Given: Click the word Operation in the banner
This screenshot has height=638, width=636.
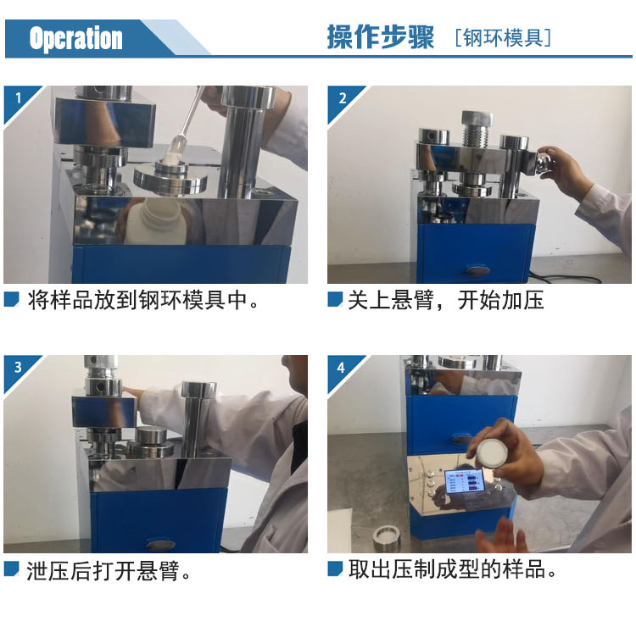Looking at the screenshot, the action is coord(75,38).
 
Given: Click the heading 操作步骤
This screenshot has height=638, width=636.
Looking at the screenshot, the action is coord(381,37).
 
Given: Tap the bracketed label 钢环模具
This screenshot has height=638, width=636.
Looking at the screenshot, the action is coord(503,38).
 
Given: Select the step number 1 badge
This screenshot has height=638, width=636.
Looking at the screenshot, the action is coord(19,98).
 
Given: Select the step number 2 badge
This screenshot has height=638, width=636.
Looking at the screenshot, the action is coord(343,98).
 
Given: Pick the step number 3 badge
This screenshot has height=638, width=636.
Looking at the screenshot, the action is coord(18,367).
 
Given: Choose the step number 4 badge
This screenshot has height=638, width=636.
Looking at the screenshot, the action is coord(341,368).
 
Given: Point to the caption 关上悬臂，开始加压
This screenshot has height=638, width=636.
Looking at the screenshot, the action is coord(446,300).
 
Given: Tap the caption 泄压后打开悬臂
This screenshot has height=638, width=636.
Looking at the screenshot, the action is coord(109,570).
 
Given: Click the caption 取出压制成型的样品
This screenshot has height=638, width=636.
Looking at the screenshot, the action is coord(452,569).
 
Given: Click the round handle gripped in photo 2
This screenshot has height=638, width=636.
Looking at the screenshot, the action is coord(544,162).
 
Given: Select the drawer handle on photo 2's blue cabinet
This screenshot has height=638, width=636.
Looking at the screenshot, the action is coord(478,270).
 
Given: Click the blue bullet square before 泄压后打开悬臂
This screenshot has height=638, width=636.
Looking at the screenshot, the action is coord(11,569).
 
